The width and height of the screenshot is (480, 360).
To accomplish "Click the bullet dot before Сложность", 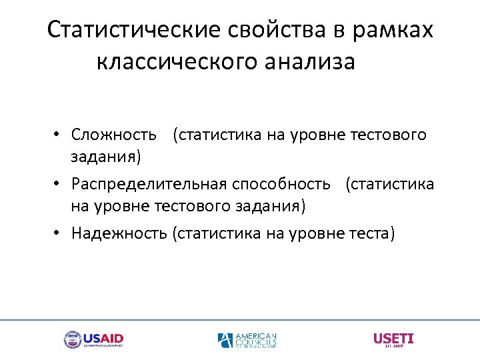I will (x=59, y=135).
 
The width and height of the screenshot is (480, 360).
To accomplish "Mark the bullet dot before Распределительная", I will (x=59, y=184).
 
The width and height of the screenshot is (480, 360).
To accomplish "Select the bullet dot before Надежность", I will (x=59, y=233).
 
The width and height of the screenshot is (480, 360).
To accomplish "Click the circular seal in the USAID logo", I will (x=72, y=340).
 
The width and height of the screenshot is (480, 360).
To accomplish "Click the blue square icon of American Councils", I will (x=225, y=341).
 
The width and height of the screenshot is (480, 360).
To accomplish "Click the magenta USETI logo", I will (x=393, y=339).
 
